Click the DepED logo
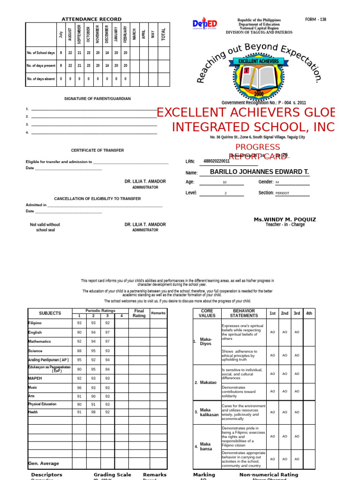[204, 24]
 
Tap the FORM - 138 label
[315, 20]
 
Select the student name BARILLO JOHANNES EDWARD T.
[259, 172]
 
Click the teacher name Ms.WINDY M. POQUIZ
[285, 219]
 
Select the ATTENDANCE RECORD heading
[91, 19]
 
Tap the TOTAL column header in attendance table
[164, 34]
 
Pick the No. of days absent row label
[41, 79]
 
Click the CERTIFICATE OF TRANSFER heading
[97, 150]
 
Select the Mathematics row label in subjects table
[39, 342]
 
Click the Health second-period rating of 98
[93, 412]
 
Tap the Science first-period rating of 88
[79, 351]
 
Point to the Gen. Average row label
[44, 464]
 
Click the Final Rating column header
[139, 313]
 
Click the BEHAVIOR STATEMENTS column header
[244, 313]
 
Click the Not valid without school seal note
[45, 227]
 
